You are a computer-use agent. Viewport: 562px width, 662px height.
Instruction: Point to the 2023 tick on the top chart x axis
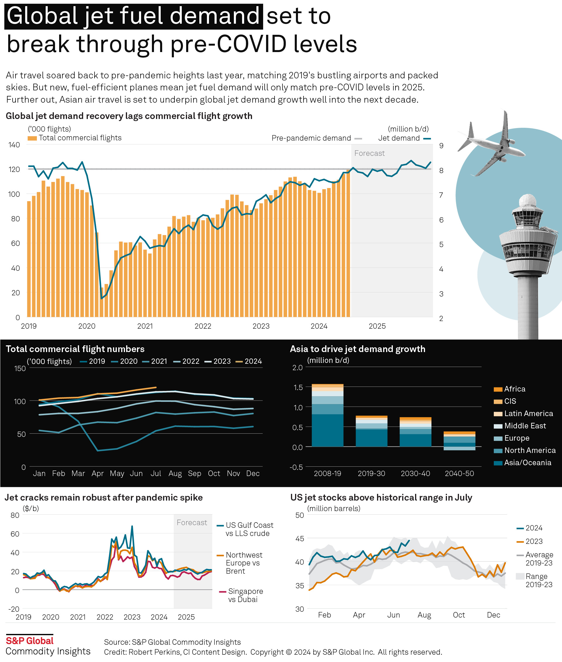pos(261,326)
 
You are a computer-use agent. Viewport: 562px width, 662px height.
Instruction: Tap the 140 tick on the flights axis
pos(14,145)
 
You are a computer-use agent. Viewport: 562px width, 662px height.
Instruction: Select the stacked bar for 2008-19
pos(327,415)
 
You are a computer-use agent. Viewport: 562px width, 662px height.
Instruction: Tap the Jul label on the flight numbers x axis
pos(155,474)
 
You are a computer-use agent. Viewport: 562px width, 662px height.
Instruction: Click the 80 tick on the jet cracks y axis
pos(15,515)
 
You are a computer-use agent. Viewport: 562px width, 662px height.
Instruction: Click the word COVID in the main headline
pos(251,44)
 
